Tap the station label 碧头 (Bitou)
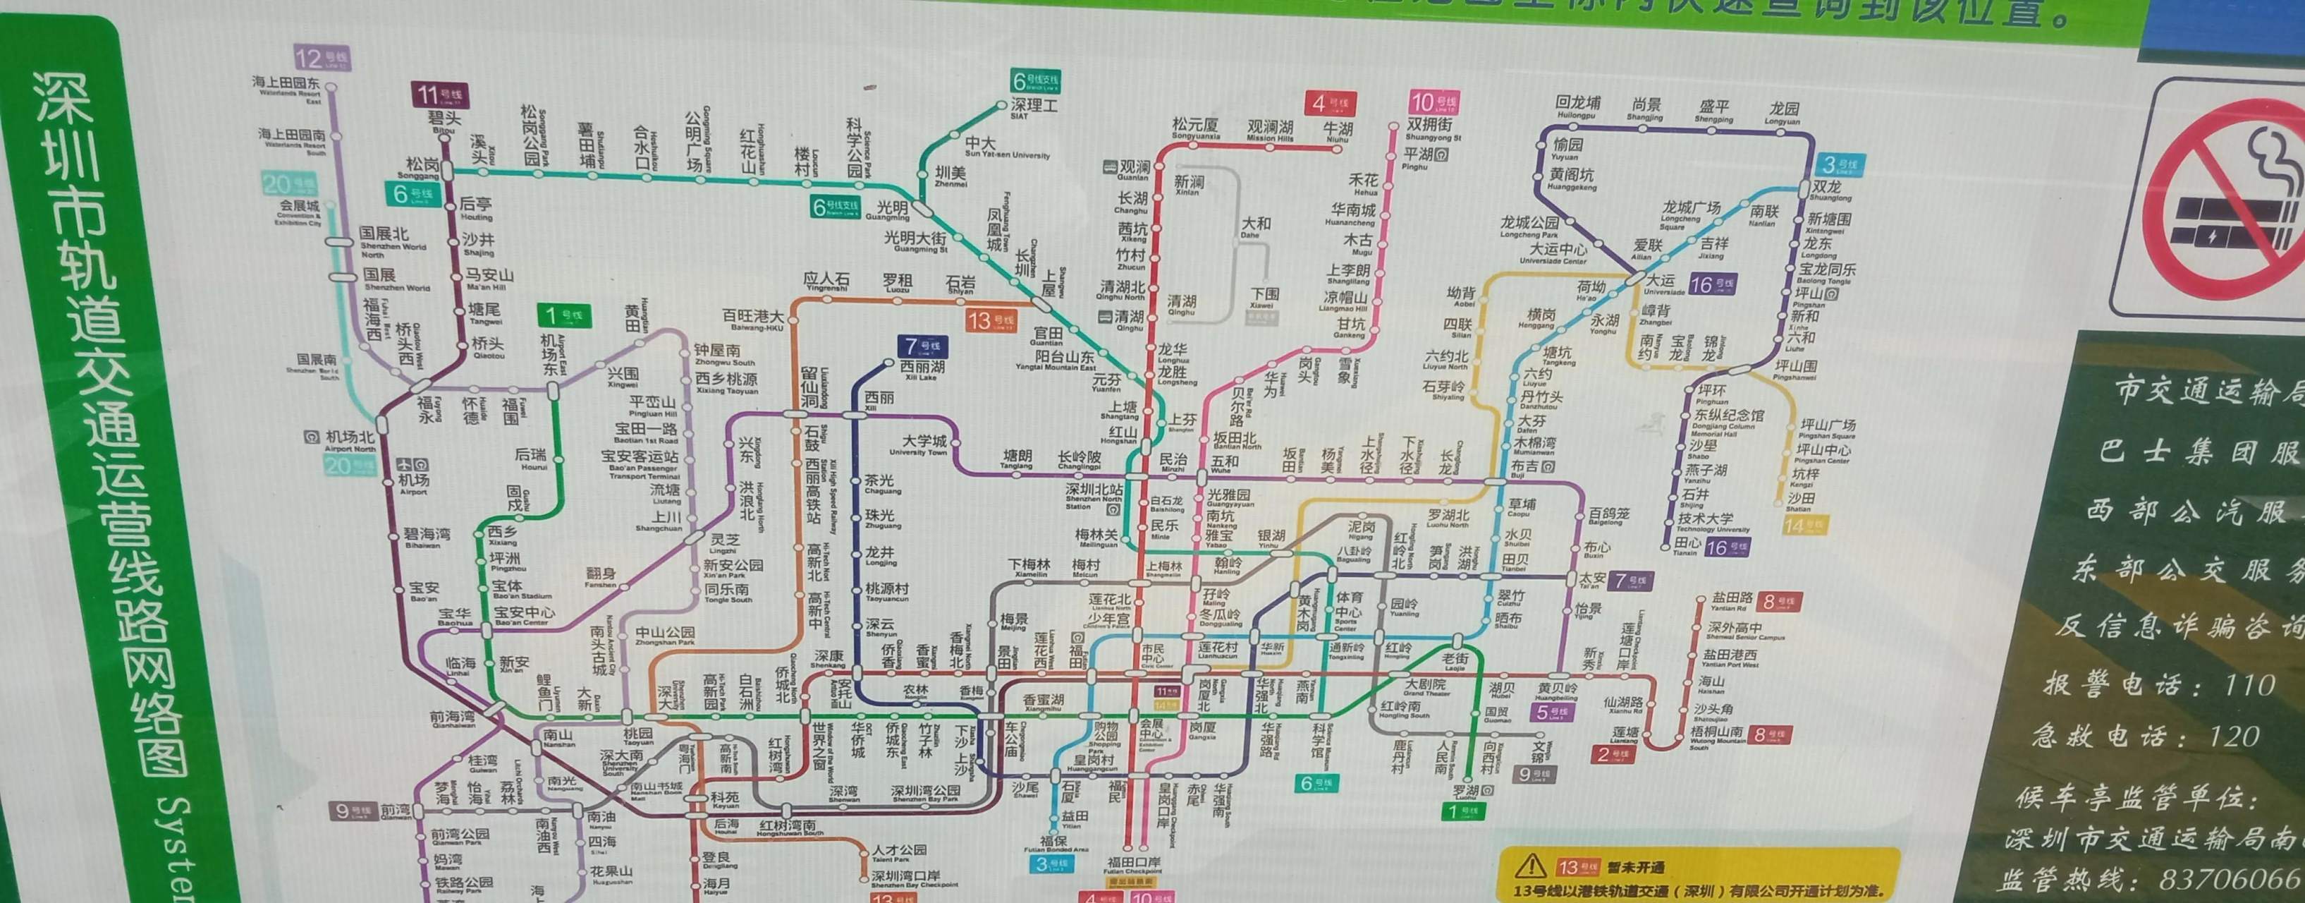coord(445,120)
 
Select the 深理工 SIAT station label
coord(1034,107)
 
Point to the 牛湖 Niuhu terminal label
coord(1338,131)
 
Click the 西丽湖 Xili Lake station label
coord(922,368)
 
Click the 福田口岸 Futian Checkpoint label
coord(1134,863)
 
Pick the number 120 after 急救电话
coord(2235,737)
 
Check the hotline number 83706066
coord(2231,879)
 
